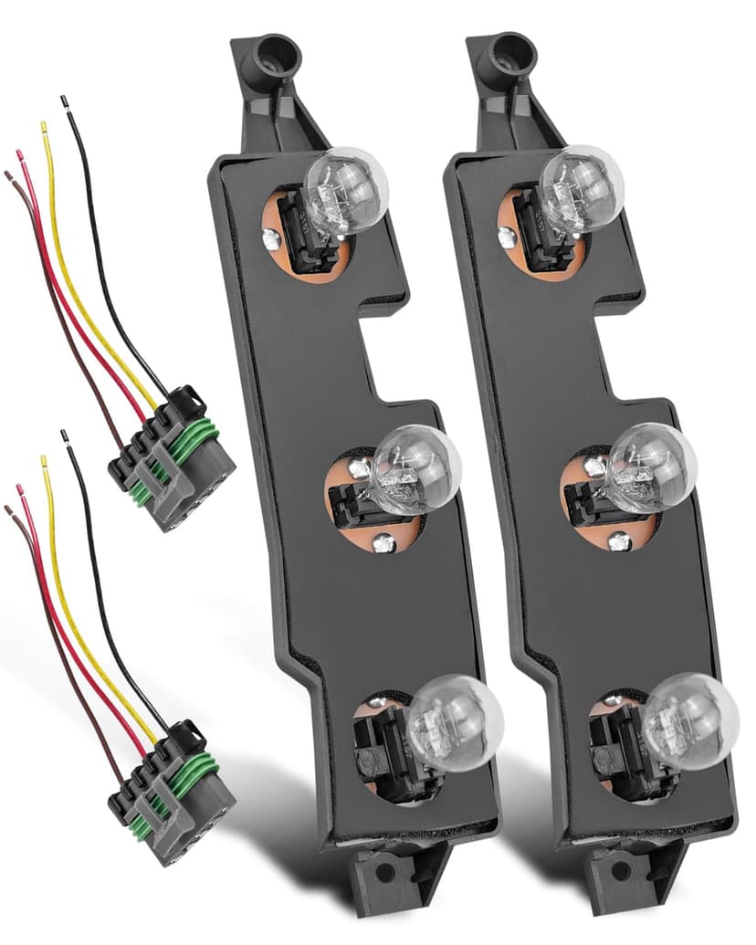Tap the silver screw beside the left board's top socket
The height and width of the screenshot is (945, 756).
(270, 239)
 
